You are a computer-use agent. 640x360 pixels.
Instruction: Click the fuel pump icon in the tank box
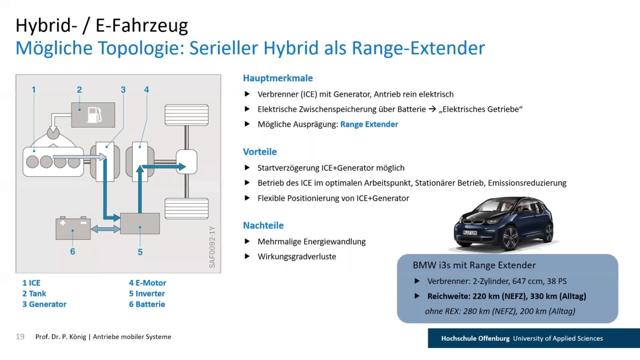pos(95,115)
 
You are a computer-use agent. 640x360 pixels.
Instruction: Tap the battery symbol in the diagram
pos(73,228)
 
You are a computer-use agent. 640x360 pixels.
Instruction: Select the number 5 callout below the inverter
pos(140,252)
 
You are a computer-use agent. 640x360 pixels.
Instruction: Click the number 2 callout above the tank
pos(79,89)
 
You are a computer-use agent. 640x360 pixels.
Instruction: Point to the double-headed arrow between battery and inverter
pos(105,230)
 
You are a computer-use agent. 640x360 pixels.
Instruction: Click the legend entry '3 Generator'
pos(44,304)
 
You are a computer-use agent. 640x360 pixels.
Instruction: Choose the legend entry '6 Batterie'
pos(147,304)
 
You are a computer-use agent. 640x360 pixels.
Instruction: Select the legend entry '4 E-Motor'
pos(148,283)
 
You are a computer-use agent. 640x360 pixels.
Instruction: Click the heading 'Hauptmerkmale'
pos(278,78)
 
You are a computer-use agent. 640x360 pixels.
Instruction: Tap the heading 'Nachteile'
pos(263,226)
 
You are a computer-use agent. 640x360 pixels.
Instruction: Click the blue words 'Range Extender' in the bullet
pos(369,124)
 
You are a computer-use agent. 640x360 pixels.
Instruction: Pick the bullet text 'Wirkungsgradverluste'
pos(297,256)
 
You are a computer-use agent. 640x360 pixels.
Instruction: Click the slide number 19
pos(20,337)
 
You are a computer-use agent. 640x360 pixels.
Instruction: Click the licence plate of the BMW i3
pos(470,232)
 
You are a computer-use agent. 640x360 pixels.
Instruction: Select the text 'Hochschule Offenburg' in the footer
pos(475,338)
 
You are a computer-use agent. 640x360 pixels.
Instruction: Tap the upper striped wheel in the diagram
pos(186,115)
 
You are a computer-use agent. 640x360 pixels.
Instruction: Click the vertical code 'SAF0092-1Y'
pos(212,247)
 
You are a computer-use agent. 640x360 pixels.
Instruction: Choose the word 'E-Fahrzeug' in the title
pos(142,25)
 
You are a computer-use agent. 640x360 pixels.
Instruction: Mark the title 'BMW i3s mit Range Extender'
pos(474,265)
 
